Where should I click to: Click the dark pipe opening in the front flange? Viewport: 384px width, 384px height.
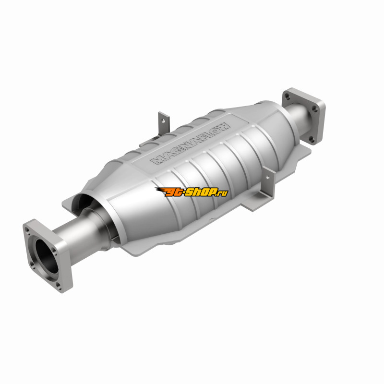[x=47, y=256]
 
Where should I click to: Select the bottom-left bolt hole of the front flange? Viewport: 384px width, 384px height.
[x=32, y=264]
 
